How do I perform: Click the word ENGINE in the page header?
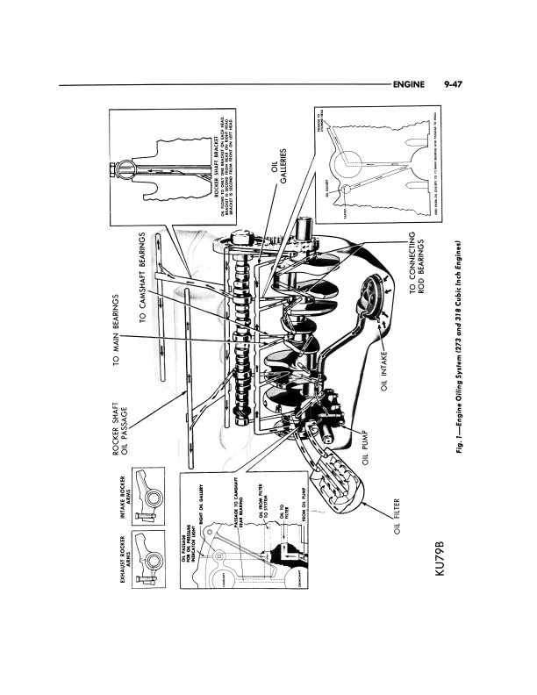click(x=409, y=85)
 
